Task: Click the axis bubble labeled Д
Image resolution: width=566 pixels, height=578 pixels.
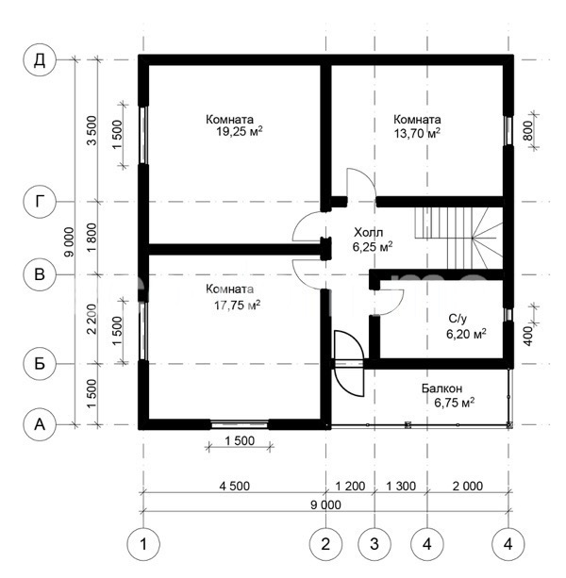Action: tap(40, 59)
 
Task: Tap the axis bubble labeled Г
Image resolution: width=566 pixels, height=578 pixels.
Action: tap(40, 202)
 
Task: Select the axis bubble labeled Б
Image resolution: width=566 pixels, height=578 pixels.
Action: tap(40, 364)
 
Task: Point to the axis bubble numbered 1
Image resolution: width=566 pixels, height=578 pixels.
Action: tap(143, 544)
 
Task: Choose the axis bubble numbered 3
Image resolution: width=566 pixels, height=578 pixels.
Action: tap(375, 544)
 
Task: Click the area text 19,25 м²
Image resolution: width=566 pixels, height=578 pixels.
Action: tap(240, 131)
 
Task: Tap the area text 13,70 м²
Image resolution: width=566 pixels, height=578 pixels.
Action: tap(417, 133)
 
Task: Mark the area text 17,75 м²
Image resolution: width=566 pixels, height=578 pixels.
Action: tap(238, 306)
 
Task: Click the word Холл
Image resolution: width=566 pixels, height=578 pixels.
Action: tap(368, 232)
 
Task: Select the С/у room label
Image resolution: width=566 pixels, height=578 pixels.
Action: tap(458, 319)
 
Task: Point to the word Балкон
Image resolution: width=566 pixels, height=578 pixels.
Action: tap(441, 388)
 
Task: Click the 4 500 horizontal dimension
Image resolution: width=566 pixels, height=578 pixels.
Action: tap(235, 486)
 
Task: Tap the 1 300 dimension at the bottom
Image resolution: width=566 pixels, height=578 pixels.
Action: tap(401, 486)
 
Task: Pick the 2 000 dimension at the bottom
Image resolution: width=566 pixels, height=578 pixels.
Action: tap(468, 486)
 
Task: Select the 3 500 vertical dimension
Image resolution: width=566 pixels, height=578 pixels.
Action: tap(92, 130)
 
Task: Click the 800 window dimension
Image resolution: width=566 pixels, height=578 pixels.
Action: tap(527, 130)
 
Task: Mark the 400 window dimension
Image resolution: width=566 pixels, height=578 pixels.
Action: tap(528, 336)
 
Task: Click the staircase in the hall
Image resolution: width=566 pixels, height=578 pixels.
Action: tap(459, 238)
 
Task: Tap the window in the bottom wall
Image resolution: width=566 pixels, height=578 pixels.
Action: tap(240, 424)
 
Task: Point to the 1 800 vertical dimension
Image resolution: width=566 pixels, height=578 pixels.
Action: tap(92, 238)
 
